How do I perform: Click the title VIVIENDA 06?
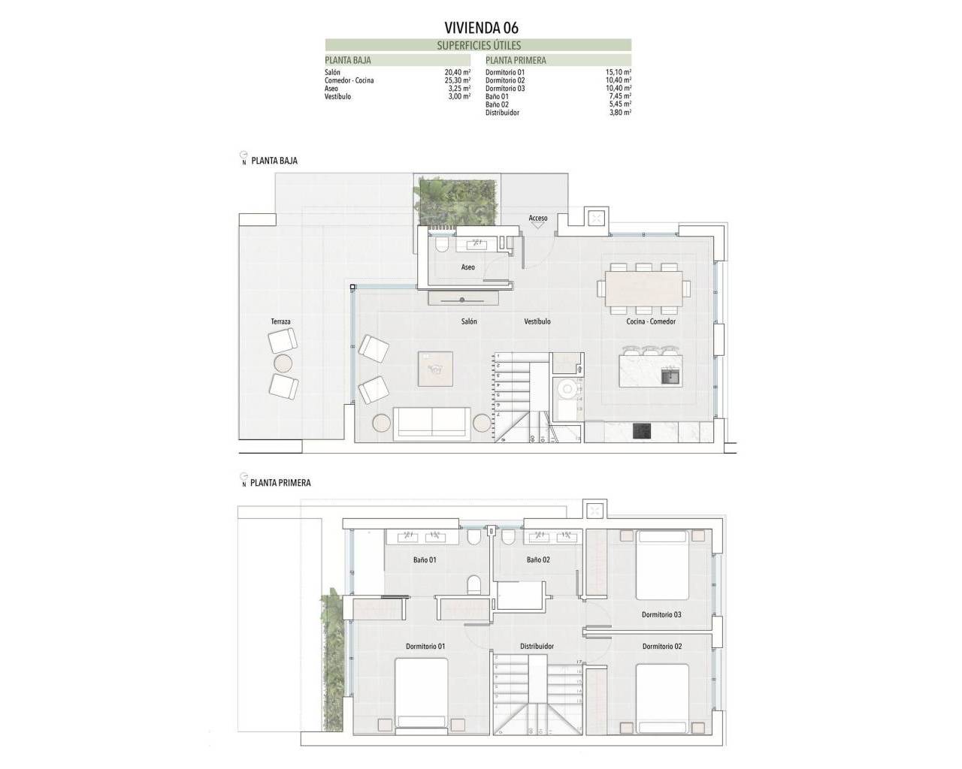tap(480, 29)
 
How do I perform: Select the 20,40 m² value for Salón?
tap(457, 72)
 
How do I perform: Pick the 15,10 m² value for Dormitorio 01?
tap(618, 72)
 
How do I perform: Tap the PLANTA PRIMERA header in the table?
tap(516, 60)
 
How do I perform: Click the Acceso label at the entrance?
tap(538, 219)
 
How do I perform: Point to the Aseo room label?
tap(467, 267)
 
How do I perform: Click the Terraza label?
tap(280, 321)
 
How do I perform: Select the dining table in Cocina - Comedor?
tap(645, 288)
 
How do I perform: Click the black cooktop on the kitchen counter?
tap(643, 430)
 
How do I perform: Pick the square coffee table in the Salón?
tap(436, 368)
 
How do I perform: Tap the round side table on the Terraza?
tap(283, 364)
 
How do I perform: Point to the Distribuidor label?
tap(537, 646)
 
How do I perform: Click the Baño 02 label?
tap(538, 559)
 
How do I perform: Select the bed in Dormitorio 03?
tap(661, 565)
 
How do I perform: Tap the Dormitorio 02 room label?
tap(662, 646)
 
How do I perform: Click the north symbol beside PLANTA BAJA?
tap(244, 158)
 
